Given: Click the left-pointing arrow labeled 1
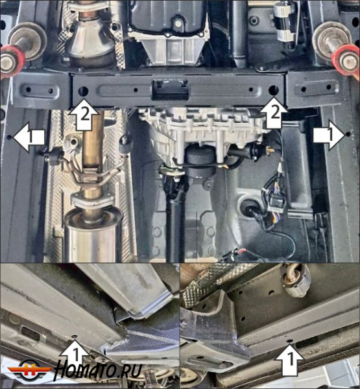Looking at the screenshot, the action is (x=29, y=137).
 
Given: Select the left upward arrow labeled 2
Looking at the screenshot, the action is (x=84, y=115).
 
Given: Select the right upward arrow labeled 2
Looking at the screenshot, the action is (x=273, y=113).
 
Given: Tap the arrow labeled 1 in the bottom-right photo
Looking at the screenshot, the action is (x=289, y=360).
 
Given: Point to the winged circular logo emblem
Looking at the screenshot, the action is (x=30, y=370).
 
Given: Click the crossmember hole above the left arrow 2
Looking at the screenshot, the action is (x=83, y=91).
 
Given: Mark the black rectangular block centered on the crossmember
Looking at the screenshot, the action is (x=171, y=90).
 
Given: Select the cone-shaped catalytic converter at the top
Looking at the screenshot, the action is (x=91, y=41).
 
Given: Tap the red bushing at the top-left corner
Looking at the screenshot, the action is (x=13, y=60).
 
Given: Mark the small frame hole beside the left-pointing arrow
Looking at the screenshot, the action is (x=10, y=137).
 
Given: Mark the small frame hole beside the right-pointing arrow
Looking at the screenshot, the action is (x=348, y=134).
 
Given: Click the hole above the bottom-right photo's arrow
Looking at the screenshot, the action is (x=289, y=342).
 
